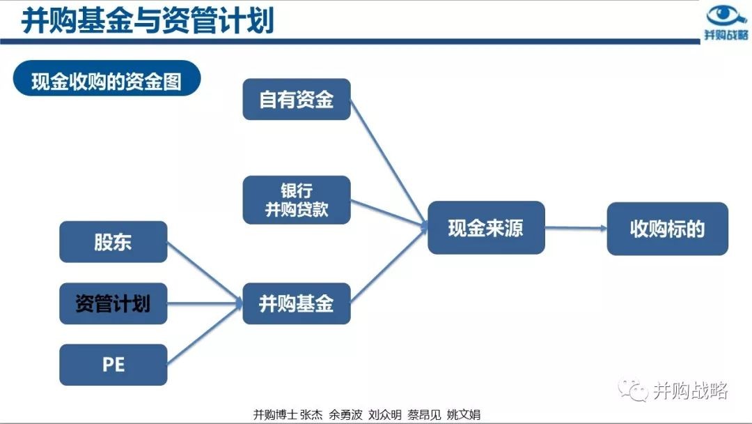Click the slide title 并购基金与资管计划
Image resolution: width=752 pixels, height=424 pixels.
pos(147,20)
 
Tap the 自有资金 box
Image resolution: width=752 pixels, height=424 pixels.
pos(297,100)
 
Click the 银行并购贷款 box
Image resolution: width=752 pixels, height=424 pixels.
pos(297,199)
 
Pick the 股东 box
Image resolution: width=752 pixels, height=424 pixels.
pos(113,241)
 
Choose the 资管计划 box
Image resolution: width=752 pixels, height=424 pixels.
pos(113,303)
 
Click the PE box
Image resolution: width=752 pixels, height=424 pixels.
pos(113,365)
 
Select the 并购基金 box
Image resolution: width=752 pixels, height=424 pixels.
pos(297,303)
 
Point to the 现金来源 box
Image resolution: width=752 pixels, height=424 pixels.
pos(486,227)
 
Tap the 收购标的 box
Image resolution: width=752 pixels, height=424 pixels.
pos(667,229)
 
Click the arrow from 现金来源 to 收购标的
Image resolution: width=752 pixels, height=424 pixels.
pos(576,228)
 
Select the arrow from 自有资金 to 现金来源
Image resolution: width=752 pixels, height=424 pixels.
pos(389,162)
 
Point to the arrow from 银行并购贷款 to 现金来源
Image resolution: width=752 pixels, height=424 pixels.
pos(389,213)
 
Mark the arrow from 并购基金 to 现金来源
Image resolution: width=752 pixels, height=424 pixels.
pos(389,265)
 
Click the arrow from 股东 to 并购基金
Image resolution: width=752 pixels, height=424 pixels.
pos(205,273)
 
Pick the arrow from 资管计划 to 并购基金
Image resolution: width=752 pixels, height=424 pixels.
pos(205,303)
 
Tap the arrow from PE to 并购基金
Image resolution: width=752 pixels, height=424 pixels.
pos(205,334)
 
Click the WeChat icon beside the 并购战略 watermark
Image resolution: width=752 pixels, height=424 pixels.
pos(632,391)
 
